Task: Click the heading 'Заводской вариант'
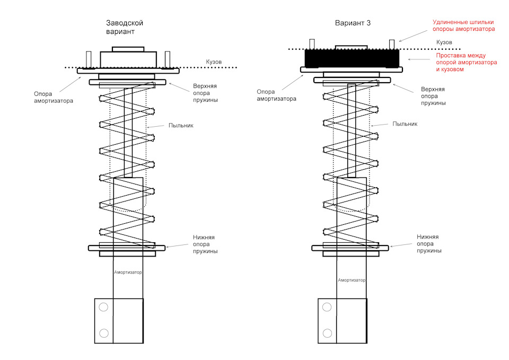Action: pyautogui.click(x=124, y=27)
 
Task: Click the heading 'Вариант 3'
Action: pyautogui.click(x=353, y=23)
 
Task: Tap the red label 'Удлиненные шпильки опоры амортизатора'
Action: pyautogui.click(x=463, y=25)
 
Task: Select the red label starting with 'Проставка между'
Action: pyautogui.click(x=467, y=62)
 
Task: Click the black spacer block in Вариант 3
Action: pyautogui.click(x=352, y=58)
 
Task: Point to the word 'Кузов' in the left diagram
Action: pyautogui.click(x=214, y=62)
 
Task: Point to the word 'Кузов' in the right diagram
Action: pyautogui.click(x=444, y=42)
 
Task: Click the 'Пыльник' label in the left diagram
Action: pyautogui.click(x=181, y=125)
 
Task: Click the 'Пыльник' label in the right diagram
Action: pyautogui.click(x=405, y=124)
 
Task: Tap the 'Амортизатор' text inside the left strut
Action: pyautogui.click(x=128, y=273)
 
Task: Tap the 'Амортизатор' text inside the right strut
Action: pyautogui.click(x=352, y=280)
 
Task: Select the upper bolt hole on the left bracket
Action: pyautogui.click(x=103, y=307)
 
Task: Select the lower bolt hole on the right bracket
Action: pyautogui.click(x=327, y=333)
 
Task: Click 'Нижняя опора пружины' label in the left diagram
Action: pyautogui.click(x=205, y=244)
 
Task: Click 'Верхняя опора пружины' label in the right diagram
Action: pyautogui.click(x=433, y=96)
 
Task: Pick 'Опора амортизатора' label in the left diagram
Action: pyautogui.click(x=54, y=98)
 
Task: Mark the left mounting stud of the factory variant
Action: pyautogui.click(x=89, y=59)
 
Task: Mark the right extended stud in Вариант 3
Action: pyautogui.click(x=392, y=45)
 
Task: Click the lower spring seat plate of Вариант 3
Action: pyautogui.click(x=350, y=248)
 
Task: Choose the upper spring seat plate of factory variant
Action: pyautogui.click(x=128, y=82)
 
